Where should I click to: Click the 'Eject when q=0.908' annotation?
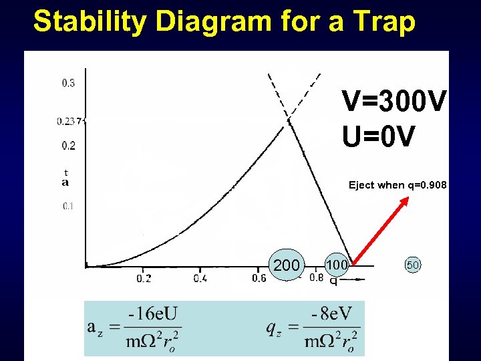tap(397, 185)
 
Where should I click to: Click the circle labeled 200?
tap(287, 265)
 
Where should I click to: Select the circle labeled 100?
tap(336, 264)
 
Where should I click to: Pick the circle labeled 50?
tap(413, 265)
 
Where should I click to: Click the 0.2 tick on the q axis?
tap(144, 277)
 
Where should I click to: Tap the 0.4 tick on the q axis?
tap(200, 277)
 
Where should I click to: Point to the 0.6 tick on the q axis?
tap(259, 277)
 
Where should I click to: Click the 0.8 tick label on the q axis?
tap(316, 277)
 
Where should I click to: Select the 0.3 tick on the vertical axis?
tap(68, 84)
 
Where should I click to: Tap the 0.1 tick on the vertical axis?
tap(68, 206)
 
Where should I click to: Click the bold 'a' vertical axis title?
tap(65, 182)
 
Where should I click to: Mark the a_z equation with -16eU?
tap(134, 328)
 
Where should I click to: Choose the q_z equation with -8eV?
tap(313, 328)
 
